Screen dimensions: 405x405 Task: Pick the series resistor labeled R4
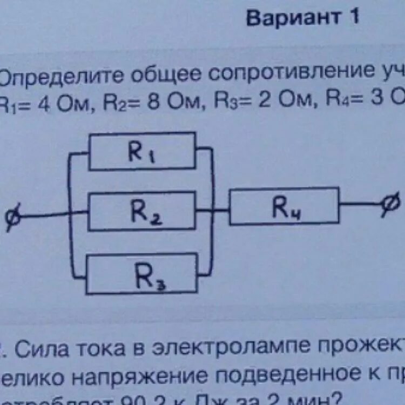point(284,206)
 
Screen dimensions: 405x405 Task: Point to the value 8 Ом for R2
point(171,102)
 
